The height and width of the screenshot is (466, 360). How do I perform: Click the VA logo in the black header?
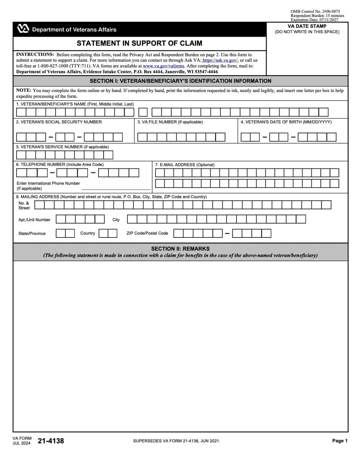(23, 29)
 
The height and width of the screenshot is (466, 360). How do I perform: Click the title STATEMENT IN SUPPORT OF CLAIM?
(139, 43)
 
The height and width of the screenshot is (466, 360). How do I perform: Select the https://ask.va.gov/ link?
(220, 60)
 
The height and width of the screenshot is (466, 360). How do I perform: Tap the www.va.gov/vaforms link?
(163, 66)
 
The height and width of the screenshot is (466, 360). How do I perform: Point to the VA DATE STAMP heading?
(307, 26)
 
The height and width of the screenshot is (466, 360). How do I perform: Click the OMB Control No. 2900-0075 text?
(315, 12)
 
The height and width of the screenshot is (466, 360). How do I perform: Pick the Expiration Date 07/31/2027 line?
(314, 20)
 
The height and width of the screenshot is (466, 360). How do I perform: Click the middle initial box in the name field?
(143, 112)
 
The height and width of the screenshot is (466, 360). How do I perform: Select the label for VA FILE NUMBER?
(170, 122)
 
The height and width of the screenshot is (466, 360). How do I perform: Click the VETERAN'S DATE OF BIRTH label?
(286, 122)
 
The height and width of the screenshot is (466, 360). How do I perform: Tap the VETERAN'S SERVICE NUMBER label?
(62, 147)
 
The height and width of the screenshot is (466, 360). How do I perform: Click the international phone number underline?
(116, 189)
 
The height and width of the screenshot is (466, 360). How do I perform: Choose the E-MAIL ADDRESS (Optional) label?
(185, 165)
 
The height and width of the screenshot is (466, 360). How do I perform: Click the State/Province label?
(32, 233)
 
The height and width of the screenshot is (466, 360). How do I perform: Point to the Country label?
(88, 233)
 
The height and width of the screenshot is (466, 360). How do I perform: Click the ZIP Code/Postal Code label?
(147, 233)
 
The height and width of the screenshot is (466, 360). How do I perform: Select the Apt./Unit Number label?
(35, 220)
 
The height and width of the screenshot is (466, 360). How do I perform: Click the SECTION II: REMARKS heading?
(180, 249)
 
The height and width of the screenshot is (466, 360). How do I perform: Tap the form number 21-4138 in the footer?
(51, 441)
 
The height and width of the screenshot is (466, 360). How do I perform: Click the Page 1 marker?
(340, 441)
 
